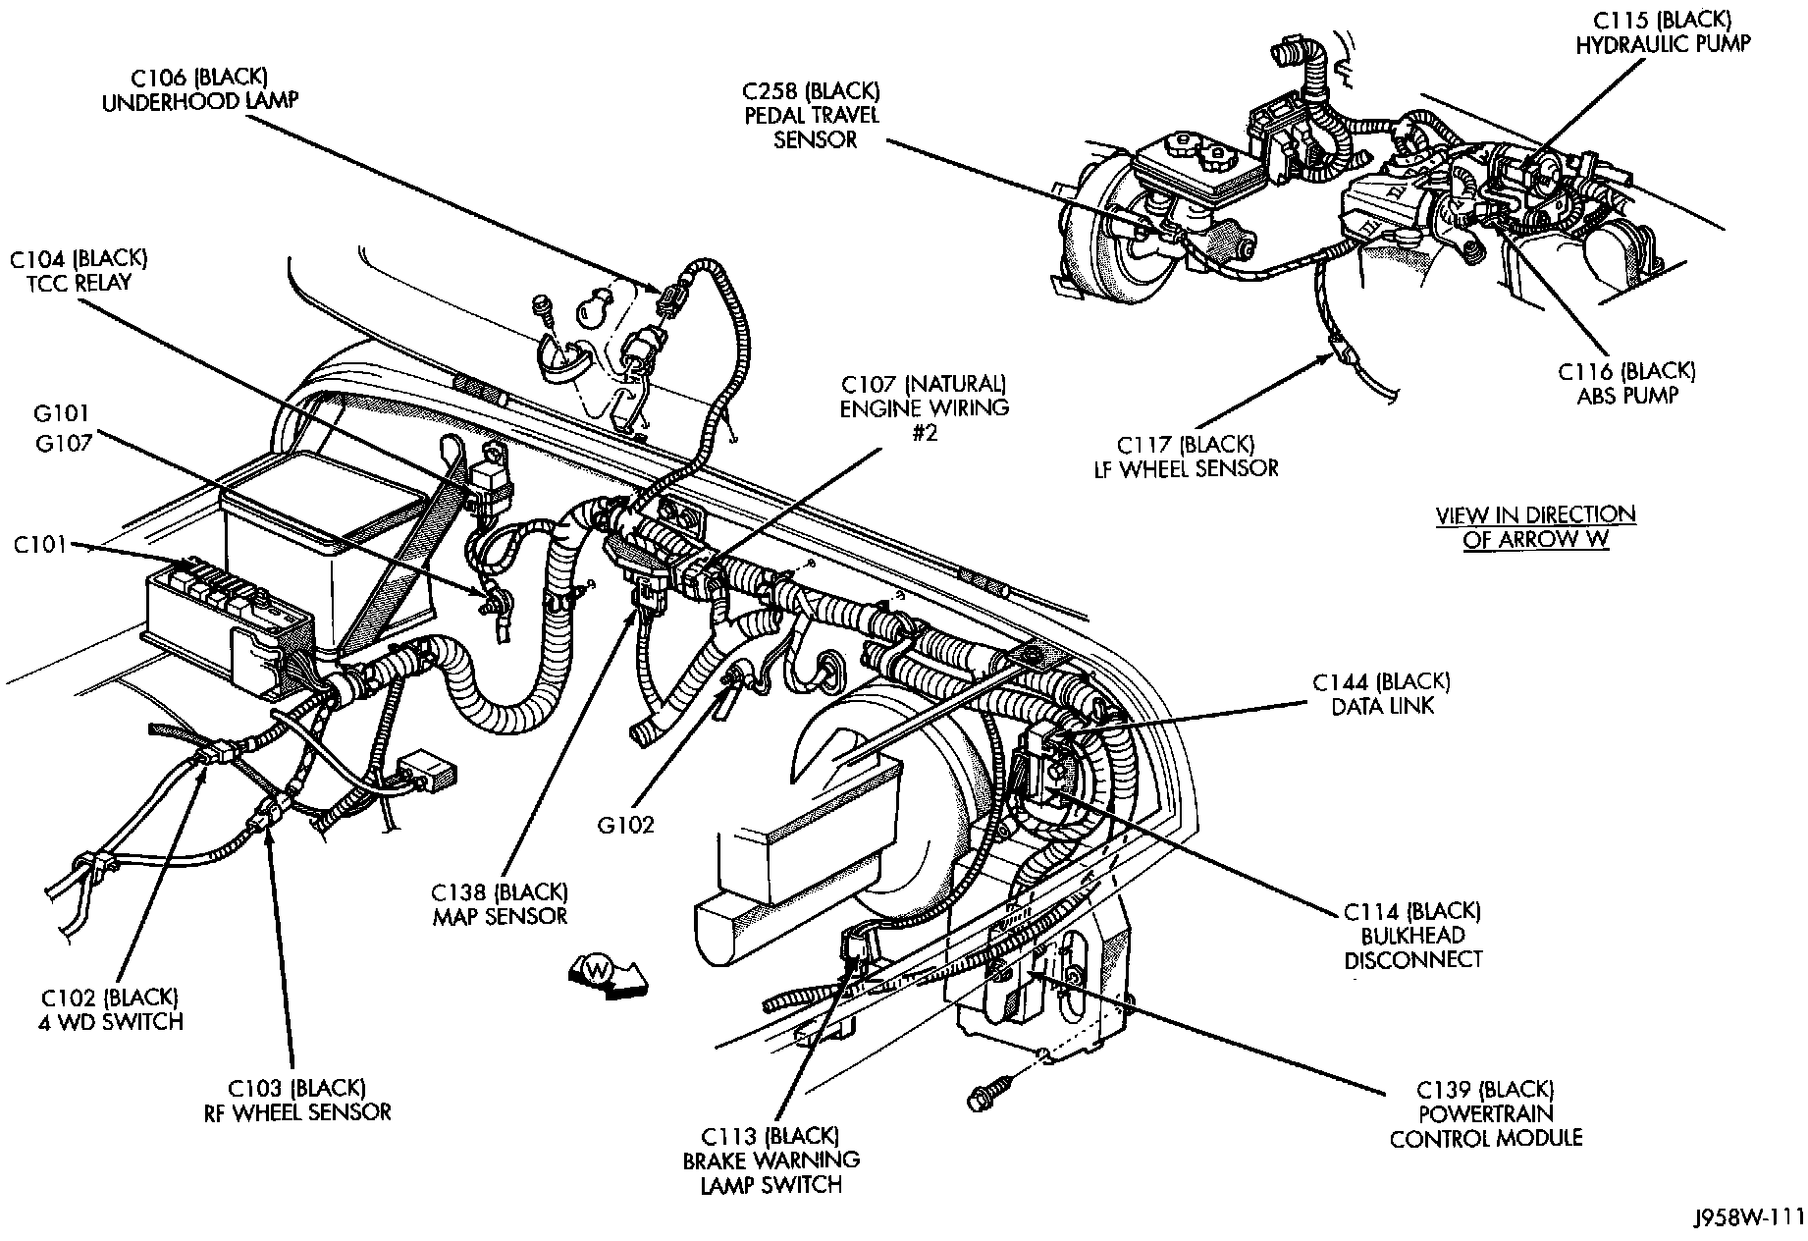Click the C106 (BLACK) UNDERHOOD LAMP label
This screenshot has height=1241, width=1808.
(x=199, y=89)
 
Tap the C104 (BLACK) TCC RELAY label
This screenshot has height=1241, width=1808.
(x=79, y=270)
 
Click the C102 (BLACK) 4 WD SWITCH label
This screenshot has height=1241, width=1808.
(x=112, y=1009)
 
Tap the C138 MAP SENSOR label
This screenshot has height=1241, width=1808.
(x=500, y=903)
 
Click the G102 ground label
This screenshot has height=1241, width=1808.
(x=626, y=825)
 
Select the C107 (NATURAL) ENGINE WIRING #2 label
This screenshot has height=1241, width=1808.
(x=923, y=406)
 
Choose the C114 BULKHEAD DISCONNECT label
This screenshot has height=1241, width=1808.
(x=1412, y=936)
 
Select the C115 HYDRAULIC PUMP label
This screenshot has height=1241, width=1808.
(x=1663, y=32)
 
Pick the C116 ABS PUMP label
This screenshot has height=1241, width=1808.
(x=1626, y=383)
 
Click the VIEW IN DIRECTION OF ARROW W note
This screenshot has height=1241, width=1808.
(x=1535, y=527)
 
